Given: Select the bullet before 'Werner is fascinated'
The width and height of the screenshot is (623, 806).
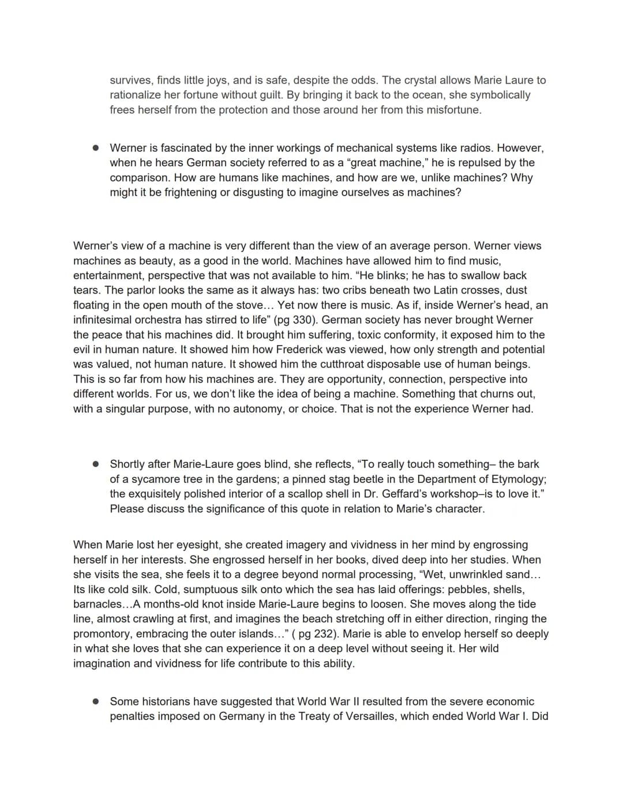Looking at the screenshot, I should (x=96, y=148).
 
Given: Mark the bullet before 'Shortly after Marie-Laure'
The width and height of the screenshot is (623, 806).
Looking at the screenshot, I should (x=96, y=464).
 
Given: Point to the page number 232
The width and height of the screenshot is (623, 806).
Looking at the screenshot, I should (x=324, y=633).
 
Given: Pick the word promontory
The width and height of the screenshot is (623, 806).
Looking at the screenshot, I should (x=102, y=633).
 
